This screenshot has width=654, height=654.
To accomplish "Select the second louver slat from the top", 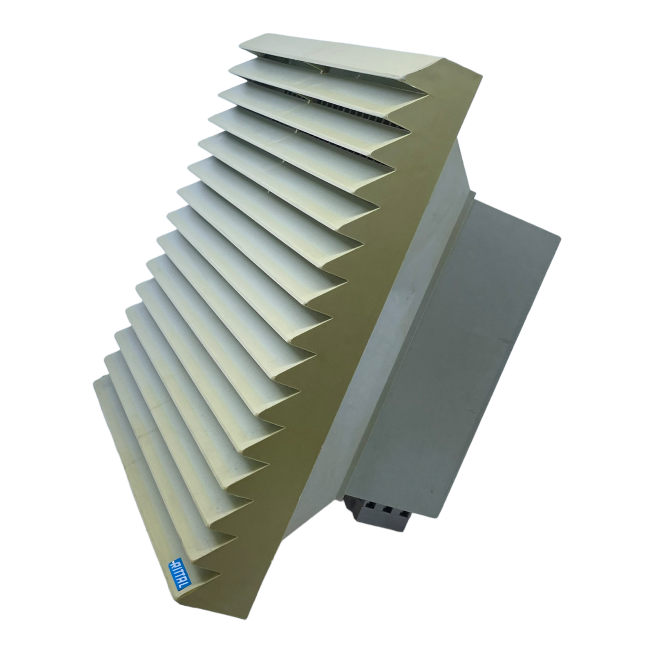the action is [327, 82].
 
